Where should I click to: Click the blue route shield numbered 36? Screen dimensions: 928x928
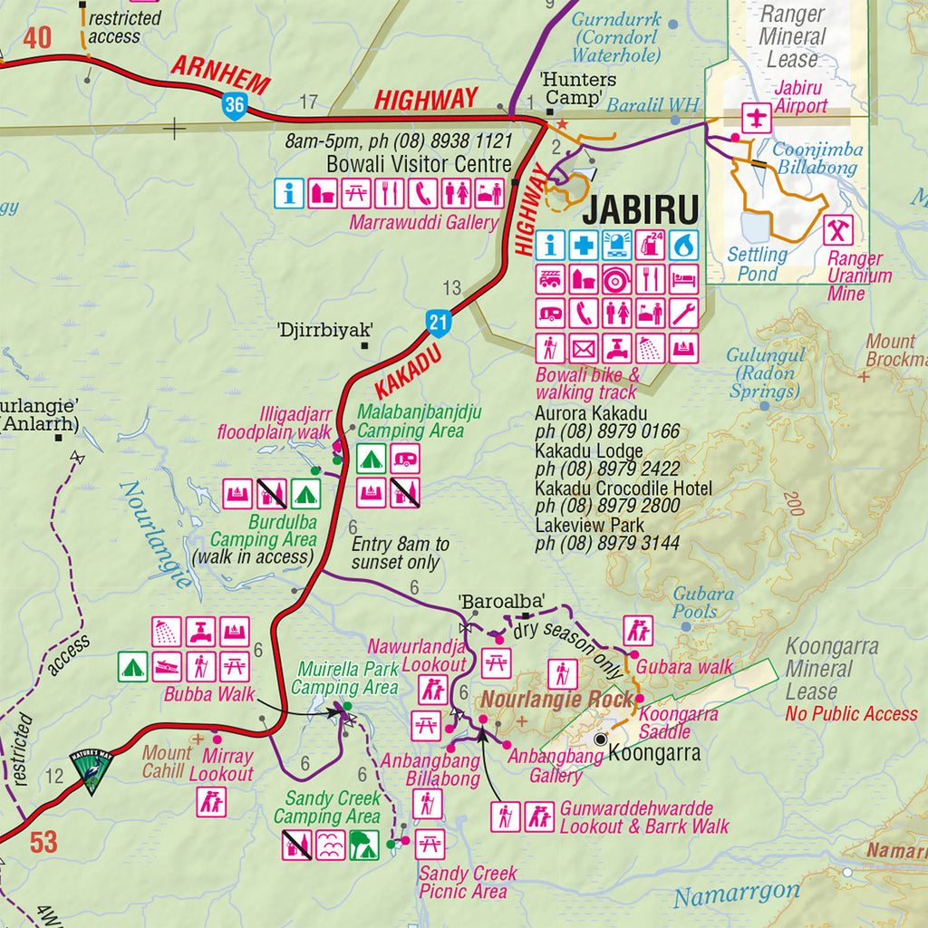tap(235, 104)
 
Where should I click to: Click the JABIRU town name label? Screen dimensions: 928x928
tap(641, 210)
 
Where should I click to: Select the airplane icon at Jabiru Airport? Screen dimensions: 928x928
tap(757, 117)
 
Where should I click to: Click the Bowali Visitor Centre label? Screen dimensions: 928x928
tap(419, 165)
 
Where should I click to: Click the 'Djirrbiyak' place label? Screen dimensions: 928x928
tap(325, 330)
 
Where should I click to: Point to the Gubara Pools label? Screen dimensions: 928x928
tap(703, 603)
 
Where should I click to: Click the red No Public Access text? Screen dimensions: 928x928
tap(851, 714)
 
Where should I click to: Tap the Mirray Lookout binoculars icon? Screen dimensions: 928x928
tap(211, 801)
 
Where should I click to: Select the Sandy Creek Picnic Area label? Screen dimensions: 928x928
tap(468, 883)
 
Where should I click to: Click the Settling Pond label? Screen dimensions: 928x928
tap(758, 264)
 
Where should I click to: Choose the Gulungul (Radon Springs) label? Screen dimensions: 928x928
tap(766, 373)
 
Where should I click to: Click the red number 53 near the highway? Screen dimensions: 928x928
tap(43, 843)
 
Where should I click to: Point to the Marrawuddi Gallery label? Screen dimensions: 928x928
tap(422, 223)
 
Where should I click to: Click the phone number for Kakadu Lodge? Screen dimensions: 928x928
tap(607, 469)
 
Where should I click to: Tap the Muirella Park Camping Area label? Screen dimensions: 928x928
tap(344, 679)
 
